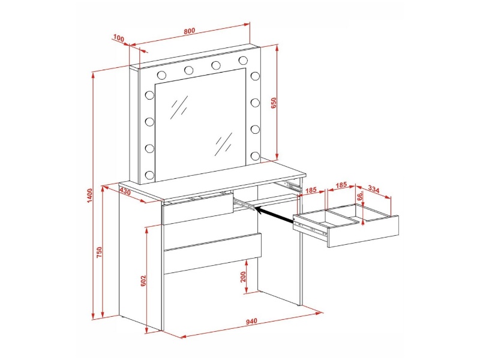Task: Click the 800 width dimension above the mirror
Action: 189,31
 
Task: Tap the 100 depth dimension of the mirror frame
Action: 118,38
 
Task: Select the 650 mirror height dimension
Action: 274,103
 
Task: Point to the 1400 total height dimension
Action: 89,196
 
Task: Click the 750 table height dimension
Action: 99,252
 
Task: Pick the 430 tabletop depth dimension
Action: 125,191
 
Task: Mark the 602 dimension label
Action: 143,281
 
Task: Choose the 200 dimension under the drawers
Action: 244,277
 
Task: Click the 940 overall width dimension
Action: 251,321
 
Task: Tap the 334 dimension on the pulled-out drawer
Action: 373,190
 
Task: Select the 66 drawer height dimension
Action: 360,196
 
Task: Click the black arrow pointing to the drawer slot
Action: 274,214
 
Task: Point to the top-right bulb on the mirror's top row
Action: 244,61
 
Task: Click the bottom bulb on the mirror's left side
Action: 149,175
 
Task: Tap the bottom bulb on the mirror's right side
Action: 255,156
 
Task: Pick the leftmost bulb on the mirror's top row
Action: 161,74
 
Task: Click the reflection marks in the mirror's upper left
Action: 179,107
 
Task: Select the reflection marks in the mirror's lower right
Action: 224,144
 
